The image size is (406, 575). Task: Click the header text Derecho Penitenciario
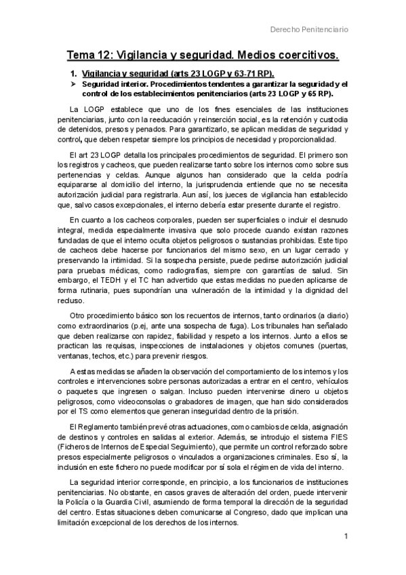pos(309,29)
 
